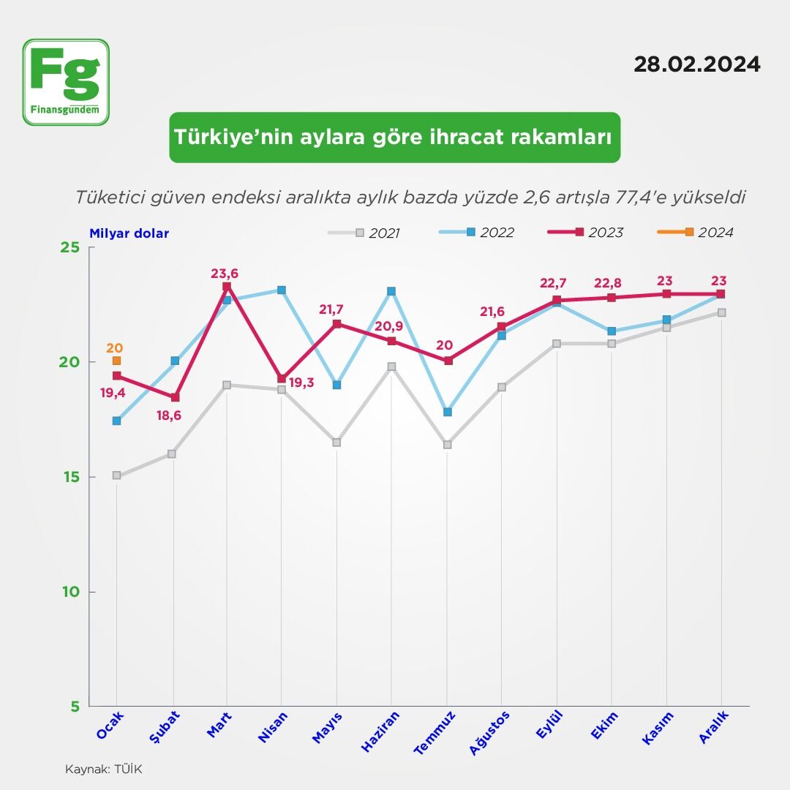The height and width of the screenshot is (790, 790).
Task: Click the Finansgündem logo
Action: coord(66,82)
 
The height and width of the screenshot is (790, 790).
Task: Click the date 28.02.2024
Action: coord(696,64)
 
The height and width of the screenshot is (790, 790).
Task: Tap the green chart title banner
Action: coord(394,138)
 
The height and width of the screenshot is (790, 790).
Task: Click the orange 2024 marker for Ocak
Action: coord(117,361)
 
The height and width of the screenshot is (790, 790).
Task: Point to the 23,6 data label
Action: coord(225,274)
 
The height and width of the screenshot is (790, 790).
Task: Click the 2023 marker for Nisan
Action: coord(282,379)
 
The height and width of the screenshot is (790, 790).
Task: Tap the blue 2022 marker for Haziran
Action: coord(391,291)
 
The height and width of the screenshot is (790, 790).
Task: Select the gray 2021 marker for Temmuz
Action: coord(447,445)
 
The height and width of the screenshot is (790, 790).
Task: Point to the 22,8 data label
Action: coord(611,282)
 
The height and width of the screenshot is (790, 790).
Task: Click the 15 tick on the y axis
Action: coord(69,477)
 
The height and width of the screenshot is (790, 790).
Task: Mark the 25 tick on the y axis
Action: coord(69,247)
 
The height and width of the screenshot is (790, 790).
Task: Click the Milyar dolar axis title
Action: coord(129,234)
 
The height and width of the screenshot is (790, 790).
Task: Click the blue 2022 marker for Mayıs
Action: coord(336,385)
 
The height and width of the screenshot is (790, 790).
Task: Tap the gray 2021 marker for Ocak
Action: coord(117,475)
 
